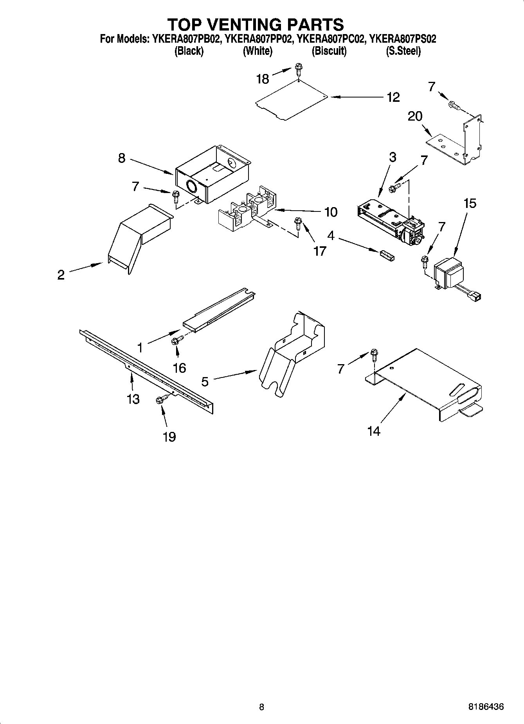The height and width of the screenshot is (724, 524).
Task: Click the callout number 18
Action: pyautogui.click(x=263, y=79)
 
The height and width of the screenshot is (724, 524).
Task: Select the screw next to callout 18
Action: pyautogui.click(x=299, y=69)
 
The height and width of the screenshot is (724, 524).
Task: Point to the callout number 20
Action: pyautogui.click(x=415, y=116)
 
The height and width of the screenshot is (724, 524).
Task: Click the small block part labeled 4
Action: pyautogui.click(x=387, y=255)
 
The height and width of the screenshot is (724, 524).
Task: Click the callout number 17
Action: pyautogui.click(x=320, y=251)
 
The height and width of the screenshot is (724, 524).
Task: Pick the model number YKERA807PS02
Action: pyautogui.click(x=403, y=39)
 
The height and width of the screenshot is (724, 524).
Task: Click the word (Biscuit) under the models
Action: pyautogui.click(x=329, y=51)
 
